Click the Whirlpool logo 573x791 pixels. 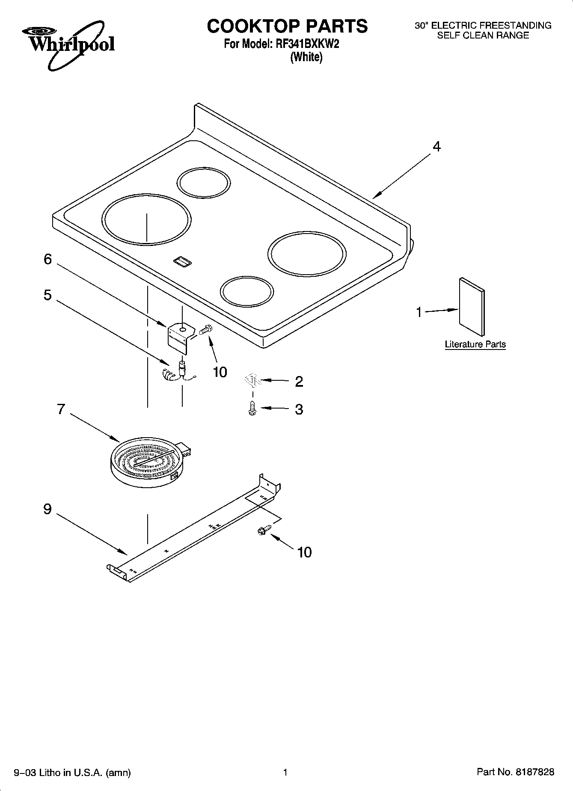pos(68,43)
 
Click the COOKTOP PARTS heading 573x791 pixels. pos(287,26)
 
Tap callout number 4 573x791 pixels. pos(436,147)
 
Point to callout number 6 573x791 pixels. pos(48,259)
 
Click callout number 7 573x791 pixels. pos(61,409)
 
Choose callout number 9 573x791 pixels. pos(48,509)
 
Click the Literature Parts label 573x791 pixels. pos(475,344)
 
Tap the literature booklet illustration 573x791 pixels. pos(472,307)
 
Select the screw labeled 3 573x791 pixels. pos(252,408)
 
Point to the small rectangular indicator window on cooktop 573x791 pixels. pos(182,262)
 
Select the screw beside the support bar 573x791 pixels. pos(262,530)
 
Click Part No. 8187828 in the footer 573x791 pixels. pos(515,772)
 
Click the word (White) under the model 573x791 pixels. pos(306,57)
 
